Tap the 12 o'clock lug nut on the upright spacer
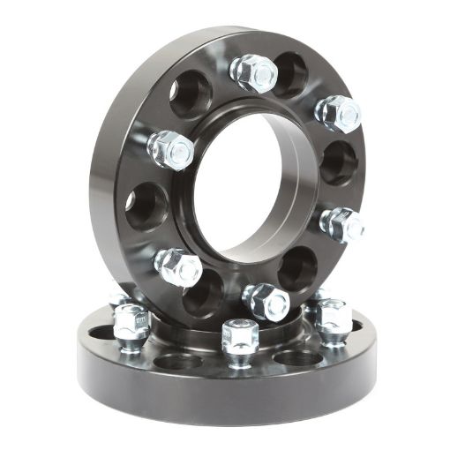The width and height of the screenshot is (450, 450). click(254, 74)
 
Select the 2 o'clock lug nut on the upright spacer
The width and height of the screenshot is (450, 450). click(339, 113)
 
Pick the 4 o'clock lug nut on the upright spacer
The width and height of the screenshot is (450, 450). click(341, 224)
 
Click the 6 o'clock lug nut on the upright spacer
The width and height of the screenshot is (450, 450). click(266, 302)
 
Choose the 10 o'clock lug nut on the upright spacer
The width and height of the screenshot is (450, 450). click(171, 149)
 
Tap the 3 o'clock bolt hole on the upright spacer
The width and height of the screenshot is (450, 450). click(338, 163)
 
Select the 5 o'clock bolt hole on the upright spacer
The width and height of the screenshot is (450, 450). click(297, 268)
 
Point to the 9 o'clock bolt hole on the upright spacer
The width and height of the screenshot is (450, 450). click(146, 206)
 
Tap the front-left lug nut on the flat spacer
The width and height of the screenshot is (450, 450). click(131, 323)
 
